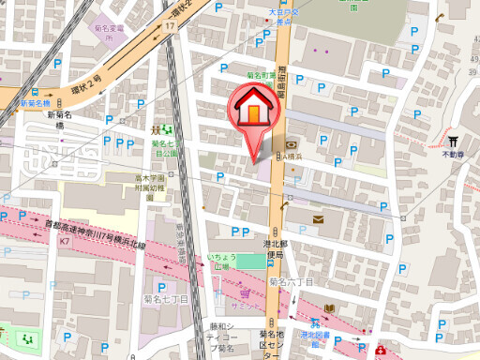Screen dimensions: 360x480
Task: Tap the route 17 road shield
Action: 170,27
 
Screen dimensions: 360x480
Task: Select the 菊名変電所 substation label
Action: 111,33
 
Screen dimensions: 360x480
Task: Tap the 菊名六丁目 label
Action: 291,281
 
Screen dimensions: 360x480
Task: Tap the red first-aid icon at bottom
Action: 380,352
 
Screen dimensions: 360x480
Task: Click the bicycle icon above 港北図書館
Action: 307,316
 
